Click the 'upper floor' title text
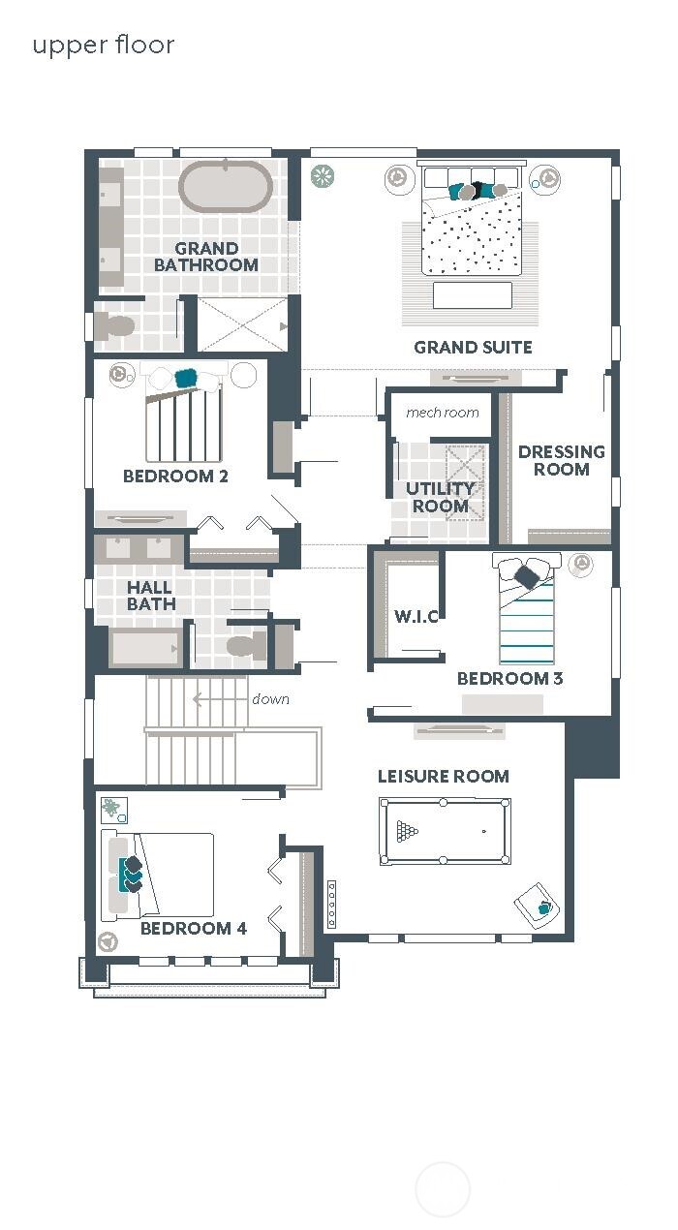point(104,45)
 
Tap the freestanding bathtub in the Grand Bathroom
point(226,187)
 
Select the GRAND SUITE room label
point(473,347)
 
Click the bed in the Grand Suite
point(472,228)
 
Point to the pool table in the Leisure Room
point(445,831)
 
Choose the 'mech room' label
point(443,413)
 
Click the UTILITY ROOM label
point(440,497)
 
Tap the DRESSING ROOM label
point(561,460)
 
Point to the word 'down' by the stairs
point(270,699)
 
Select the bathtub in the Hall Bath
point(145,647)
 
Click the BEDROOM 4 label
point(193,928)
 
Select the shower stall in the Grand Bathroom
point(242,324)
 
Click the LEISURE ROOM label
point(443,776)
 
